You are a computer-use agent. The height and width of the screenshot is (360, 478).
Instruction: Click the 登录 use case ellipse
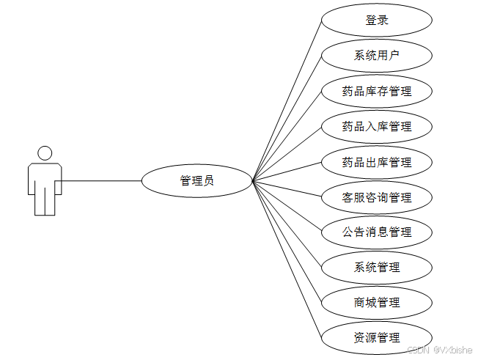(x=377, y=21)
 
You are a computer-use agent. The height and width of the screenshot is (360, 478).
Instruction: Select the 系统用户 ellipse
(x=377, y=56)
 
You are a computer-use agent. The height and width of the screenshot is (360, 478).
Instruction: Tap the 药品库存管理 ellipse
(x=377, y=92)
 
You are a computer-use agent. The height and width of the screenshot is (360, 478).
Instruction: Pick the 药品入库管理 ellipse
(x=377, y=127)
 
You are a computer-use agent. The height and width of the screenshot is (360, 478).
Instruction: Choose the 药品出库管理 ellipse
(x=377, y=162)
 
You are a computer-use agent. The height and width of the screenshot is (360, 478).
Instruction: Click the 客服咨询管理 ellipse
(x=377, y=197)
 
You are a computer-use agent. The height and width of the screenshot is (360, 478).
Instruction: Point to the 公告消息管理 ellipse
(x=377, y=232)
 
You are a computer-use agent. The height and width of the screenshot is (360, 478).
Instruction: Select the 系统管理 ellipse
(x=377, y=267)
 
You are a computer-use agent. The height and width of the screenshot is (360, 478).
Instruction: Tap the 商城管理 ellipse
(x=377, y=302)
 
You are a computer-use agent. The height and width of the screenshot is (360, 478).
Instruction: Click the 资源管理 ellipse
(x=377, y=337)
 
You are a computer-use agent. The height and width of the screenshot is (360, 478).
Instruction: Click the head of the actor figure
(x=45, y=153)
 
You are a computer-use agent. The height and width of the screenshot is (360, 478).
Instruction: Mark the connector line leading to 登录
(x=287, y=99)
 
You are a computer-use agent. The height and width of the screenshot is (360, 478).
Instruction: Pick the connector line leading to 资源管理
(x=287, y=260)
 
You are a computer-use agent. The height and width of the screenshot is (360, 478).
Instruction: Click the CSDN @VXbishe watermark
(x=440, y=350)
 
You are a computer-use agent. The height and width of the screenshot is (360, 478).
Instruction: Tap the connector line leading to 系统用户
(x=287, y=117)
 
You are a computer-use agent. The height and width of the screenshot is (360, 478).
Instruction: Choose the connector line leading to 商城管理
(x=287, y=242)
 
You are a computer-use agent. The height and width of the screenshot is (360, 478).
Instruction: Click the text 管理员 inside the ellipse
(x=196, y=180)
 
